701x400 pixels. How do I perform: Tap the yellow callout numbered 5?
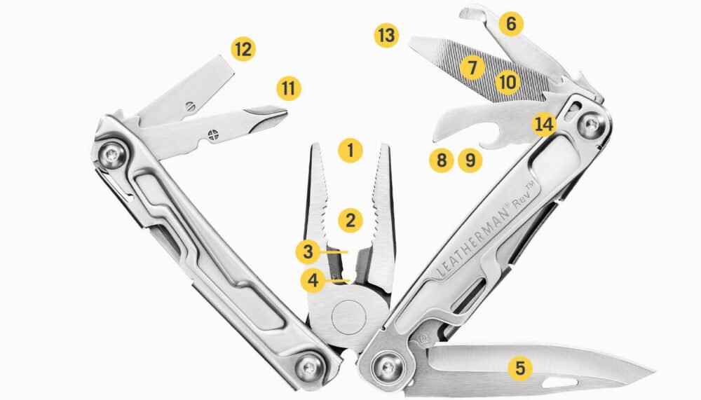[519, 366]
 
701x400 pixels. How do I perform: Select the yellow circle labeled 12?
[243, 49]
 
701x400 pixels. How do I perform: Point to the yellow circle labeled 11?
[288, 89]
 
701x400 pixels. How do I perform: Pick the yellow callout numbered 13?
[386, 35]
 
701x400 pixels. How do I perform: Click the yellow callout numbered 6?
[511, 24]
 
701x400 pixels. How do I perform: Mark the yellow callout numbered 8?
[441, 161]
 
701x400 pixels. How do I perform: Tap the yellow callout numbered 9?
[470, 161]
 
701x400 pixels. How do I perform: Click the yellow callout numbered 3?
[308, 249]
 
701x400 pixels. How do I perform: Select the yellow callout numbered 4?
[313, 281]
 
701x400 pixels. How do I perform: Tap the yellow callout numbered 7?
[473, 68]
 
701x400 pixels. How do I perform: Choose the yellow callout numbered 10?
[507, 82]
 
